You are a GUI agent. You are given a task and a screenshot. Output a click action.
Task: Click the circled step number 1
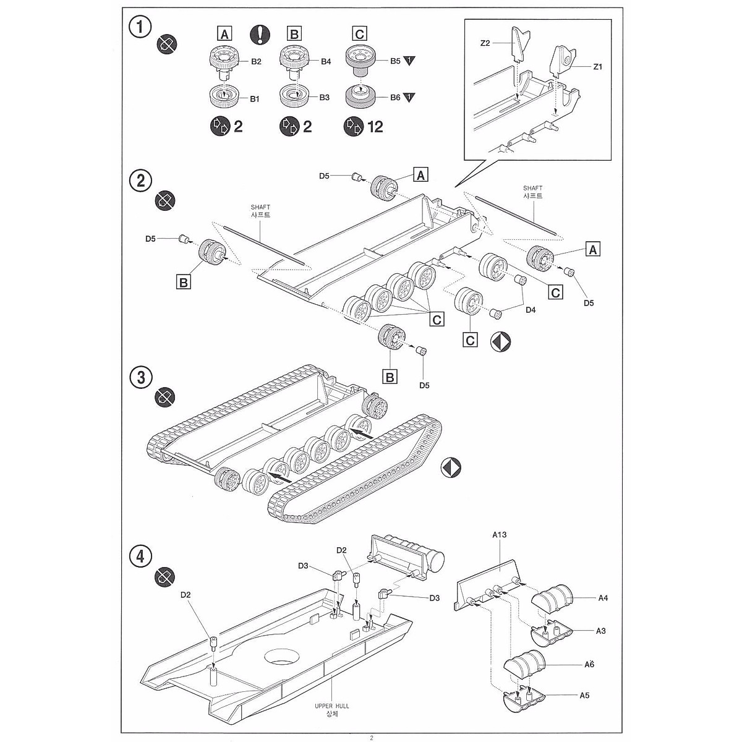(141, 28)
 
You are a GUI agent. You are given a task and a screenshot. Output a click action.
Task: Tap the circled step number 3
(141, 377)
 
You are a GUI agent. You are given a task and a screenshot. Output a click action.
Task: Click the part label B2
(256, 61)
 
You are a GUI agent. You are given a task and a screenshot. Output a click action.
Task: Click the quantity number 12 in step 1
(375, 127)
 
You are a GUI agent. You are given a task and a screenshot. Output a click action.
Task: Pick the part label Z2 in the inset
(485, 43)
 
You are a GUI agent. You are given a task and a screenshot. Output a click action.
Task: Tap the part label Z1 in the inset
(597, 66)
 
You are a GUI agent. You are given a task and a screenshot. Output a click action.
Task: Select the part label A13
(500, 535)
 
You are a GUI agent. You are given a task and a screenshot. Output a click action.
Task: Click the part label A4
(603, 597)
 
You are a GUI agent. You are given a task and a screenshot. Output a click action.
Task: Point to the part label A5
(585, 695)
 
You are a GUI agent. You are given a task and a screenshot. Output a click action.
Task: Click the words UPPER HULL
(332, 706)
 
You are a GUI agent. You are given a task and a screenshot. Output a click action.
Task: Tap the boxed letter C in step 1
(359, 33)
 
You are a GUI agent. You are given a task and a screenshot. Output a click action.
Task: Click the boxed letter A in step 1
(225, 33)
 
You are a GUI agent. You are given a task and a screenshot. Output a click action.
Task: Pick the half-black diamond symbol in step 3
(451, 468)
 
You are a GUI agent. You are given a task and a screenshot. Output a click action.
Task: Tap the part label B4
(326, 61)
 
